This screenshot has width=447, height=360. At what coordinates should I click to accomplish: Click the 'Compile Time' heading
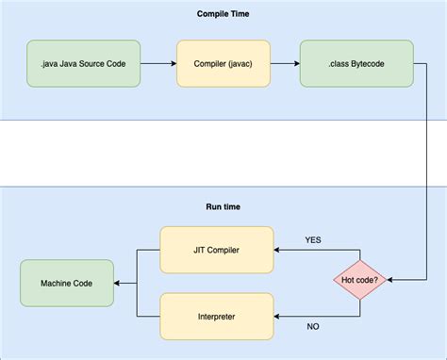(x=223, y=14)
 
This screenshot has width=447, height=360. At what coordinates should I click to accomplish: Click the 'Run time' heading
(x=223, y=206)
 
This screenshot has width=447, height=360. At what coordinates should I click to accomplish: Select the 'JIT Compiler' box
(x=217, y=250)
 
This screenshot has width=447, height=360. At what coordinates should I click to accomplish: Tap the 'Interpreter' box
(x=217, y=317)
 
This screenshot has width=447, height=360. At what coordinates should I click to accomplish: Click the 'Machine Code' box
(x=66, y=284)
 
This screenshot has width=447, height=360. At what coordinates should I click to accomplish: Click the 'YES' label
(x=313, y=239)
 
